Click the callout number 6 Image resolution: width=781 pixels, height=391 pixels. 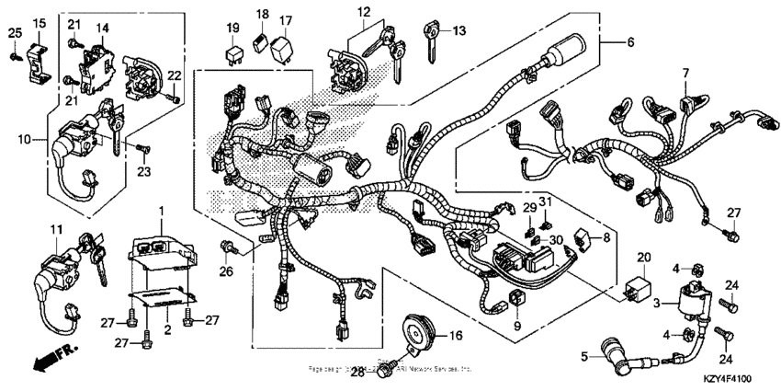(630, 42)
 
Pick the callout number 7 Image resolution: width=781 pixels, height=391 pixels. (685, 72)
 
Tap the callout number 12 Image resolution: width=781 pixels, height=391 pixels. (365, 12)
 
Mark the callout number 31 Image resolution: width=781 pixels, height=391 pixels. (546, 202)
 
